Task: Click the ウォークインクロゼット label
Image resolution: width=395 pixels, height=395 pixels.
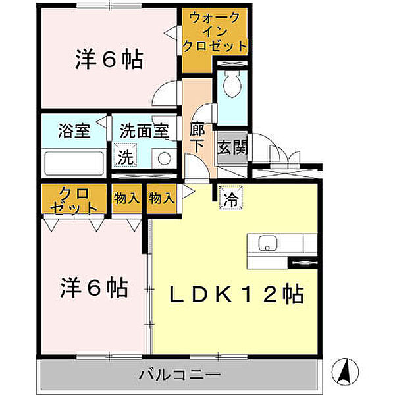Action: coord(215,32)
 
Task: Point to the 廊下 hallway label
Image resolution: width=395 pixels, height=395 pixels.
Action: coord(197,137)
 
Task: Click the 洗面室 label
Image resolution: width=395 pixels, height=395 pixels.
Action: coord(145,130)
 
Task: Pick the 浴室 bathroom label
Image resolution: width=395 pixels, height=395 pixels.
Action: coord(73,130)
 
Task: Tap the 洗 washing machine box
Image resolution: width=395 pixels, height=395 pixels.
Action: coord(124,158)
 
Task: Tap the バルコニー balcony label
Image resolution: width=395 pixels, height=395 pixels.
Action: coord(179,375)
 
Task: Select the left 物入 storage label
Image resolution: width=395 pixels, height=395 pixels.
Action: coord(126,197)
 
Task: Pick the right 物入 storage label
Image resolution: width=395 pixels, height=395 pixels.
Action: coord(161,197)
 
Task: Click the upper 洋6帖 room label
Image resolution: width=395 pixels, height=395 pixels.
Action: coord(108,61)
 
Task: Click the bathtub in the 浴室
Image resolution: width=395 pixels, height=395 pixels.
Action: coord(74,162)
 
